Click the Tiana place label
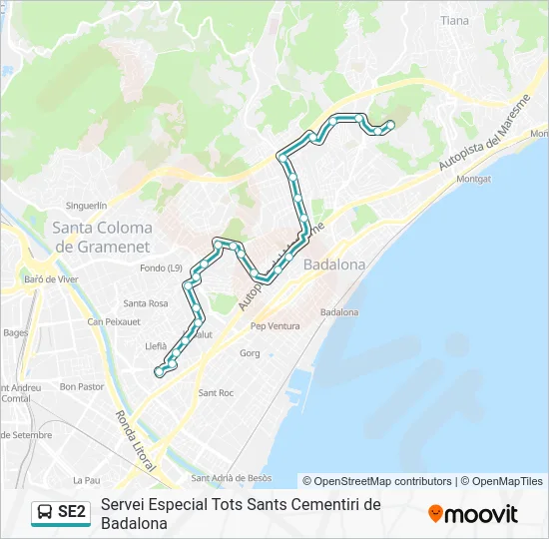(454, 20)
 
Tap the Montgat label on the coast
(473, 179)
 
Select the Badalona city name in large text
(334, 265)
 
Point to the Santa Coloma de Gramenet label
(102, 237)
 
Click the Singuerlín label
(86, 205)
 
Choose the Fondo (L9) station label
(161, 268)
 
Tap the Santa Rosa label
(146, 303)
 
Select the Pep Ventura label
(275, 325)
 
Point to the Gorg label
(250, 353)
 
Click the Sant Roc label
(216, 392)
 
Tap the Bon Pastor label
(82, 385)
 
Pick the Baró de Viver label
(50, 279)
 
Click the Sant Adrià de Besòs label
(232, 478)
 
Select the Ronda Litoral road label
(135, 440)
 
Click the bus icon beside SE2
(44, 513)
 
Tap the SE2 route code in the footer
(72, 513)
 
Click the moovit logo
(473, 514)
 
